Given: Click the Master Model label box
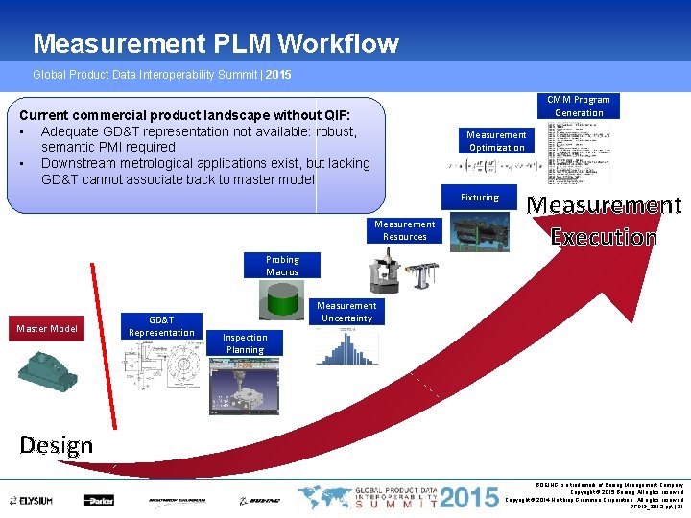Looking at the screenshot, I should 46,329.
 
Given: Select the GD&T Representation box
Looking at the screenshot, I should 160,326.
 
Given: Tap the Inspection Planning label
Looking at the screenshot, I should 245,343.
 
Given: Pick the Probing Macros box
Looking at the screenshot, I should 282,266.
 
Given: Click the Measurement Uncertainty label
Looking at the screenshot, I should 346,312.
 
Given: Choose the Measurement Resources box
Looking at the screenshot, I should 404,230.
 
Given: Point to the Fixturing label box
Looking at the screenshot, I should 479,198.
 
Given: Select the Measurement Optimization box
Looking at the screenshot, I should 496,141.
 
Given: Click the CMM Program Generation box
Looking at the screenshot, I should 579,106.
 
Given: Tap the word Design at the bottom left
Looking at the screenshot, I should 57,445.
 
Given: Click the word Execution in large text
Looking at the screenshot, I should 604,237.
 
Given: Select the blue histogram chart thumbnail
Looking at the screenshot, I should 340,346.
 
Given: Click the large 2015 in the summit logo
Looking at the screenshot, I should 469,498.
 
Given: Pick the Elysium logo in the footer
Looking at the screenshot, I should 31,501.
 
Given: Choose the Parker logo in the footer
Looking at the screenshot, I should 99,501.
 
